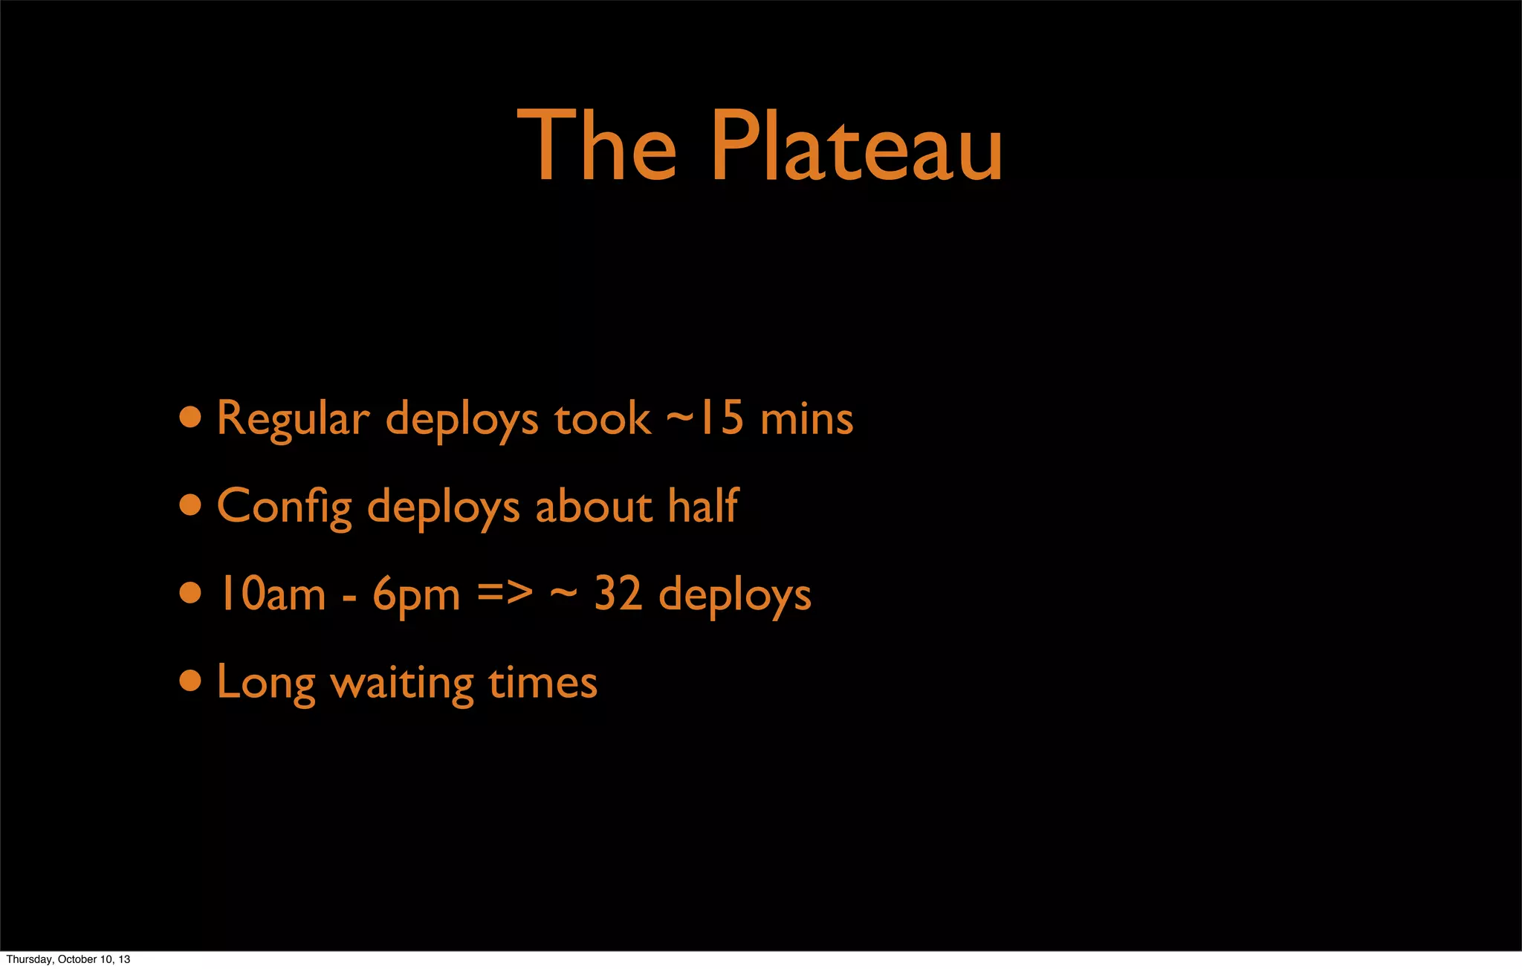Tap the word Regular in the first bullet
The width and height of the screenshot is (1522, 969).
tap(293, 419)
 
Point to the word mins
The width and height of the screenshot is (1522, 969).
tap(806, 419)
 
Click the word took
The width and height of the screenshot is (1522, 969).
tap(602, 419)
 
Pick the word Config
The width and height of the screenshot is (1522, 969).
tap(285, 508)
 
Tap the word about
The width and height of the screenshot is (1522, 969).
tap(593, 507)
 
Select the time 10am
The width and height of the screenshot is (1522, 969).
tap(271, 594)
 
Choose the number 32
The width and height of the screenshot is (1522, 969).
tap(618, 594)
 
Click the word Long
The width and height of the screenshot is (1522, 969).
tap(266, 683)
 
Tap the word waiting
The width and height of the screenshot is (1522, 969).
tap(402, 683)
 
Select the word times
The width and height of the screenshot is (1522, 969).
tap(543, 682)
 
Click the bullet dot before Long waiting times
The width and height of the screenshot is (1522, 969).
tap(190, 681)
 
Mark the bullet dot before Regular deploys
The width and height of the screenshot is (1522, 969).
tap(190, 417)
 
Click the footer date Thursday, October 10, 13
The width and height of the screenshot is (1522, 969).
tap(68, 959)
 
